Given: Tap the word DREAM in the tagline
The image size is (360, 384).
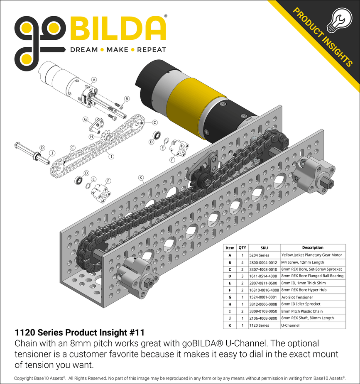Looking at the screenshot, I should [84, 50].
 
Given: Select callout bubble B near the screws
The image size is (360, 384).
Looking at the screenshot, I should [127, 98].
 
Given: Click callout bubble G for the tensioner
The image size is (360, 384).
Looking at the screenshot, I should [85, 120].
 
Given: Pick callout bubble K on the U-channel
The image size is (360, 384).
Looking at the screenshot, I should [141, 178].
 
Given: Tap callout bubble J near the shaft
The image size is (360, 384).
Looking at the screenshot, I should [52, 153].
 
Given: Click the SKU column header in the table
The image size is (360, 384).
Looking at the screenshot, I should [264, 248].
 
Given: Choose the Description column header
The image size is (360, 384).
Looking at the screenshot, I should [313, 248].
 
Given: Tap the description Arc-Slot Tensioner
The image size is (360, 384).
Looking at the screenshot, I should [297, 297].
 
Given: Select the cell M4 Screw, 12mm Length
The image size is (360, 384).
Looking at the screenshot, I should [303, 262].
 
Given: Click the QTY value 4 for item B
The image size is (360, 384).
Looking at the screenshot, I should [242, 262].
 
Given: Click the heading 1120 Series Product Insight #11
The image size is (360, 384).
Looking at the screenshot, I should [80, 333].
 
